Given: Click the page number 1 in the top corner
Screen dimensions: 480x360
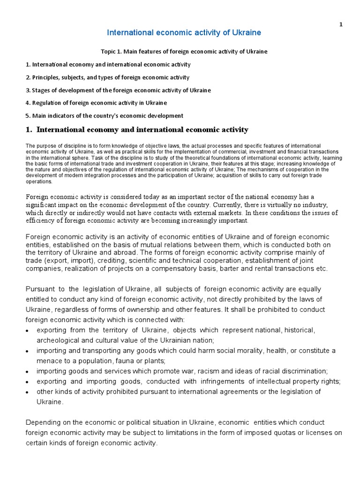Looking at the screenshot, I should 341,25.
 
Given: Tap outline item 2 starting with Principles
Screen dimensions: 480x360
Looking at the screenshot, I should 108,77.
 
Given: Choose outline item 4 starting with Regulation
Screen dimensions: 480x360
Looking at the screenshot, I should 96,103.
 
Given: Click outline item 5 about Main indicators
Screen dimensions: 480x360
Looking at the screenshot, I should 104,116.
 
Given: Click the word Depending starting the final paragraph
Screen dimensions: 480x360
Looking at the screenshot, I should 43,422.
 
